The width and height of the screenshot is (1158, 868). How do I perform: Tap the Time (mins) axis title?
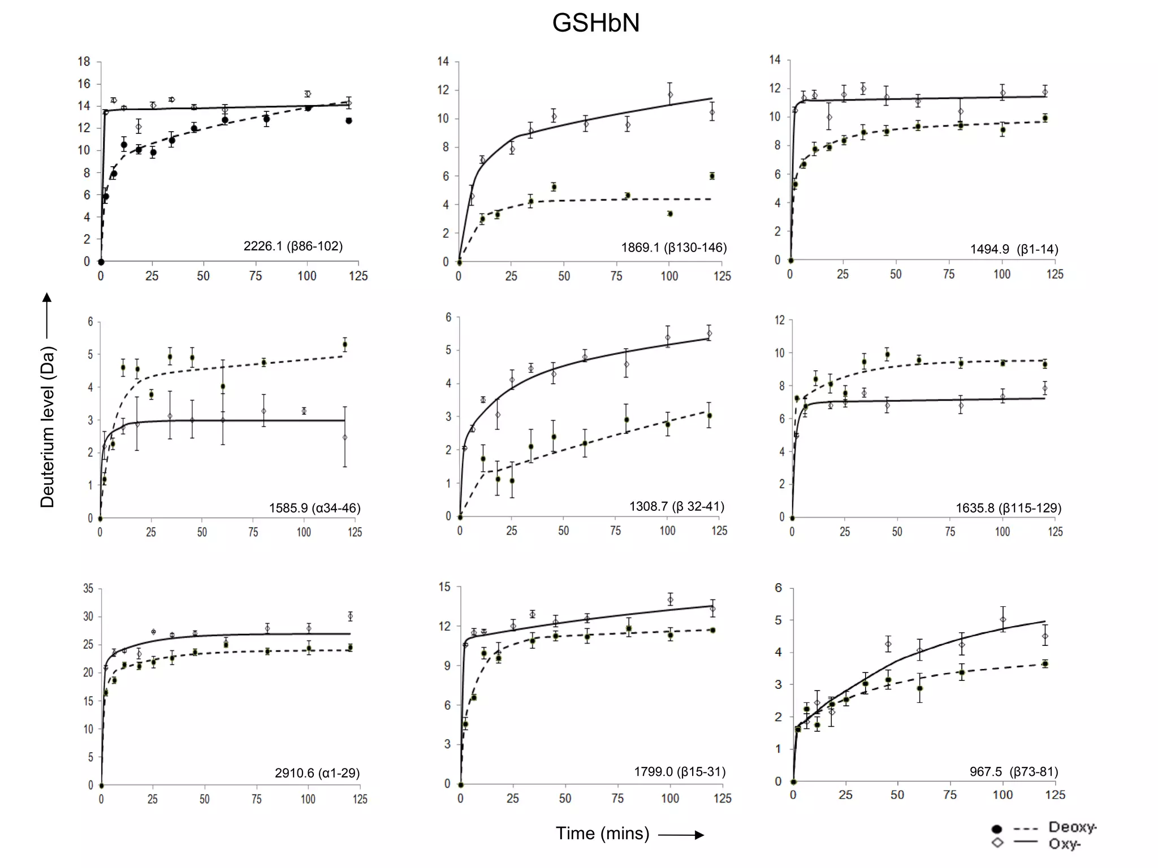602,834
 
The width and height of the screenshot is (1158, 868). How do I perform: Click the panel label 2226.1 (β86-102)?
293,246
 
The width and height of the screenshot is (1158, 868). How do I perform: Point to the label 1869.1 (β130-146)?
673,248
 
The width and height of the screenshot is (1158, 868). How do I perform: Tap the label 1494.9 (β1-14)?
1014,249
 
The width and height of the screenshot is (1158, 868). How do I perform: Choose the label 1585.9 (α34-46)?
314,508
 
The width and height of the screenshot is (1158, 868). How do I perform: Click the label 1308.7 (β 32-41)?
676,506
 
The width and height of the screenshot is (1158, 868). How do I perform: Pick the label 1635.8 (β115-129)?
1008,508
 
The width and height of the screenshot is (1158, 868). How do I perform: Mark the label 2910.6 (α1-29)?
317,773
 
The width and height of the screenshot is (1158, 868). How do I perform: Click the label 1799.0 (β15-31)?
679,772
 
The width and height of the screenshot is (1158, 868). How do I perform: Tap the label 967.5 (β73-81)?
1013,772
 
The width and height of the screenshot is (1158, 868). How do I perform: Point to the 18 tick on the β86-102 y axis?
84,62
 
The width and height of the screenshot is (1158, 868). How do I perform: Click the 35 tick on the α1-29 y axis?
88,589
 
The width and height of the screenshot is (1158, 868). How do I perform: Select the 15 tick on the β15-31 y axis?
444,587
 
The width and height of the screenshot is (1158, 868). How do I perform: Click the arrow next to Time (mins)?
681,835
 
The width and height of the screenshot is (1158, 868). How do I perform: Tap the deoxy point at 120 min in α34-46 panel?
345,344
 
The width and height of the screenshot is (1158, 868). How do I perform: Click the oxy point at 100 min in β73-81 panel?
1003,619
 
